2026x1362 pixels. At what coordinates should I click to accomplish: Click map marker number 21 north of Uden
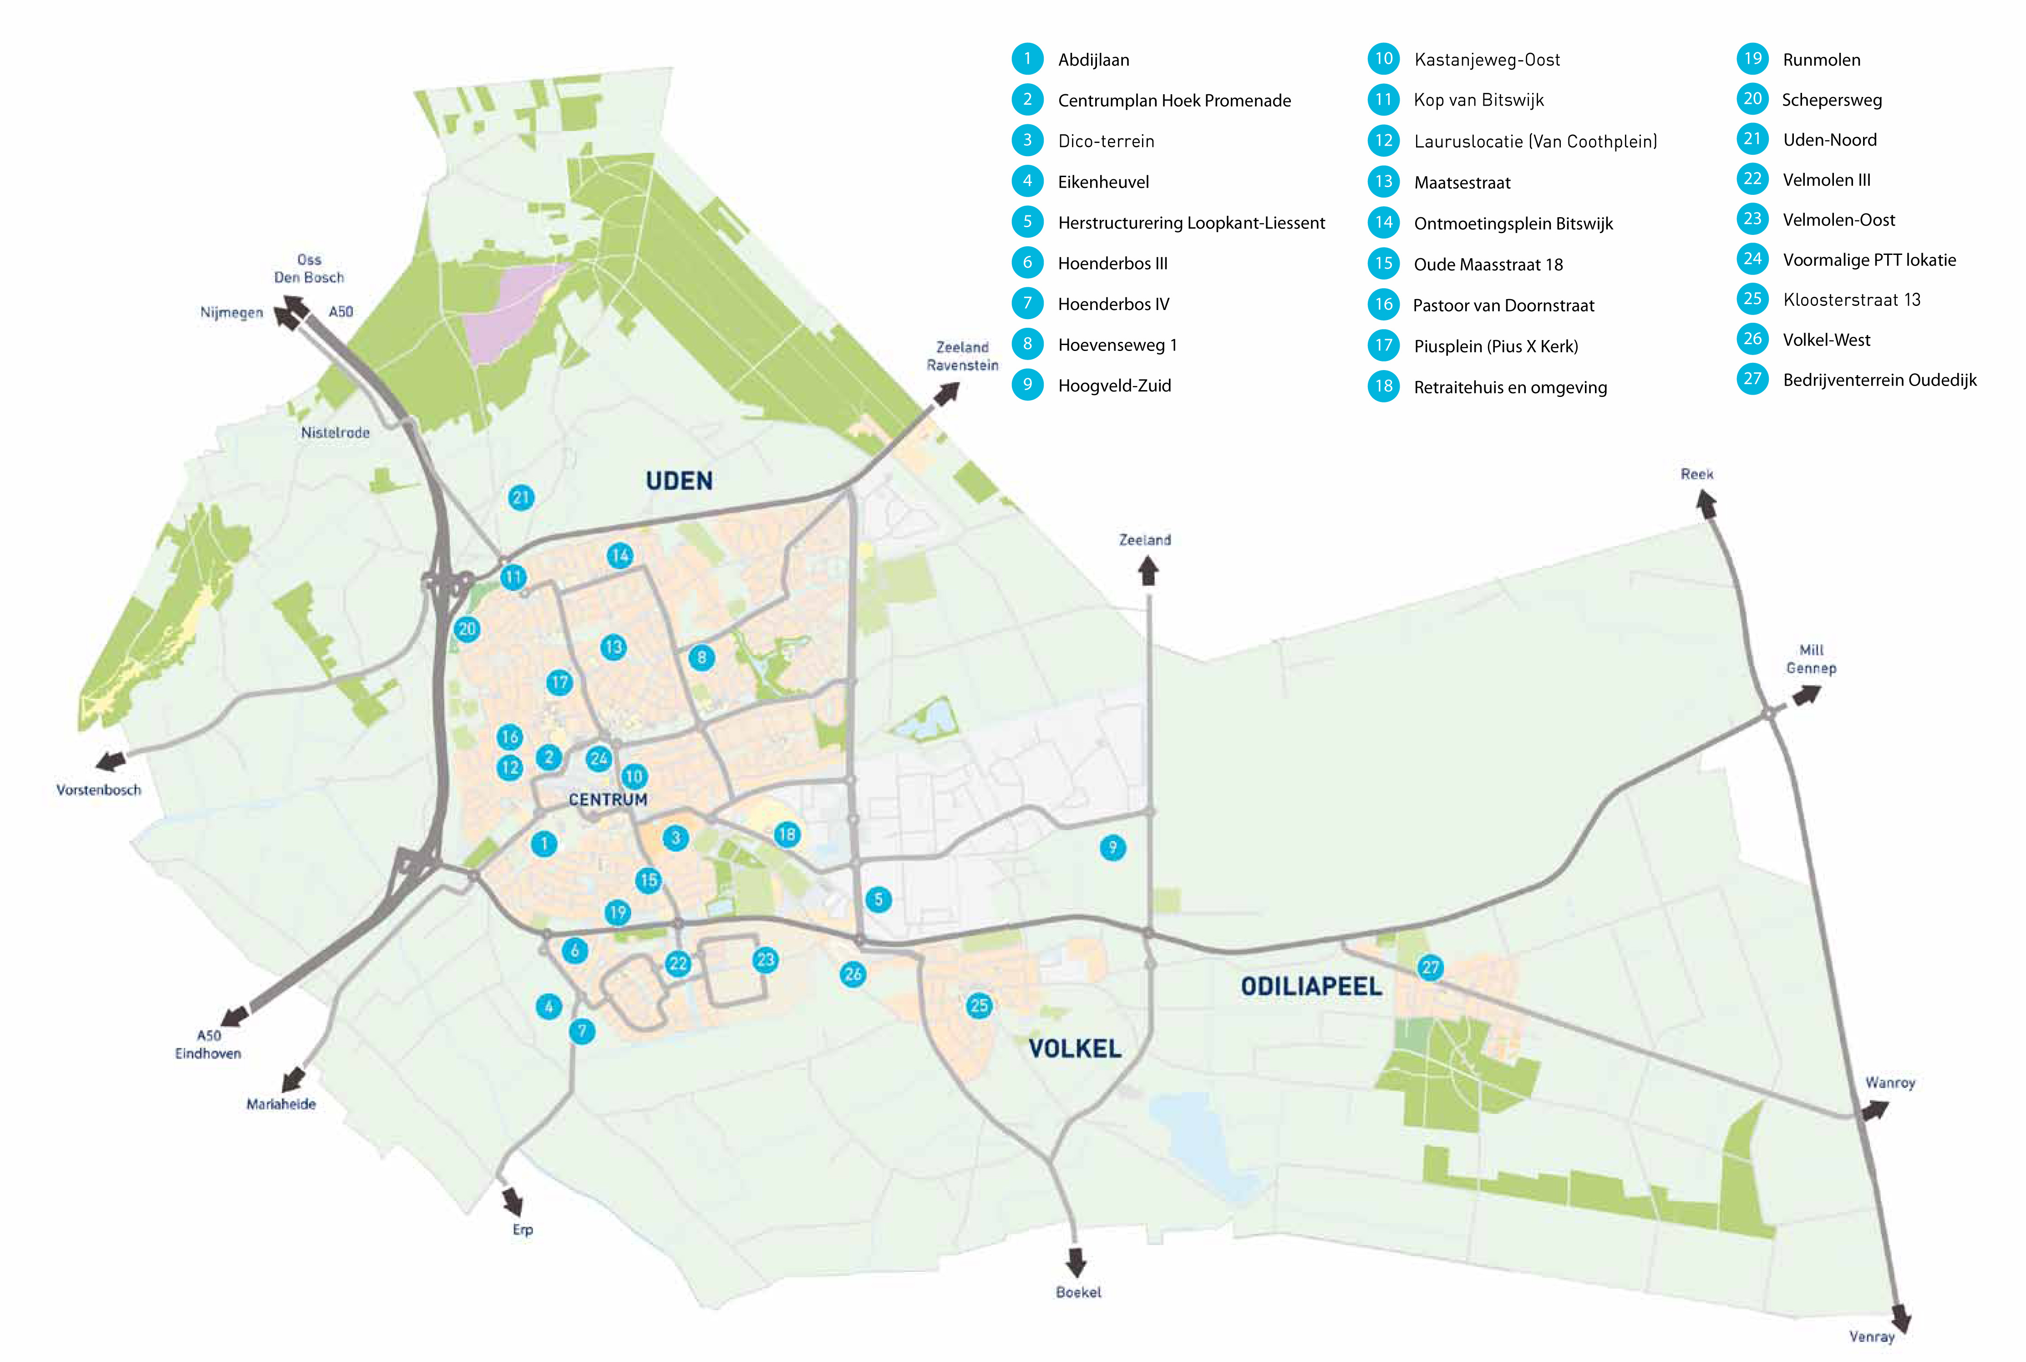(x=520, y=498)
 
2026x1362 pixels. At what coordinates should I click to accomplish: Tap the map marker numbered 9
(x=1112, y=847)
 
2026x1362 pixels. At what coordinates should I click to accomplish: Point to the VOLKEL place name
(x=1075, y=1048)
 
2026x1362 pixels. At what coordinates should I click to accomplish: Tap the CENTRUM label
(x=608, y=800)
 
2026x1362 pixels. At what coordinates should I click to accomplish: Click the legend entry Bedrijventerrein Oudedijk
(x=1879, y=380)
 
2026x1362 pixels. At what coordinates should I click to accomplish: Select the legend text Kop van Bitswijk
(x=1478, y=100)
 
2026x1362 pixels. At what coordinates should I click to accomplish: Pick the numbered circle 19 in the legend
(x=1752, y=59)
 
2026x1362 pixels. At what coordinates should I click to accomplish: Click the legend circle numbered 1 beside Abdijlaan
(x=1027, y=59)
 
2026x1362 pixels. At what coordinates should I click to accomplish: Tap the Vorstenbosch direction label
(x=98, y=790)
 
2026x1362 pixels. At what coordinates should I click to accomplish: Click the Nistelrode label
(x=335, y=432)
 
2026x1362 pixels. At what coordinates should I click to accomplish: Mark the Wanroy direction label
(x=1889, y=1082)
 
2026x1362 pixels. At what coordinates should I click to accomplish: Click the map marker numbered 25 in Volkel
(x=979, y=1006)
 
